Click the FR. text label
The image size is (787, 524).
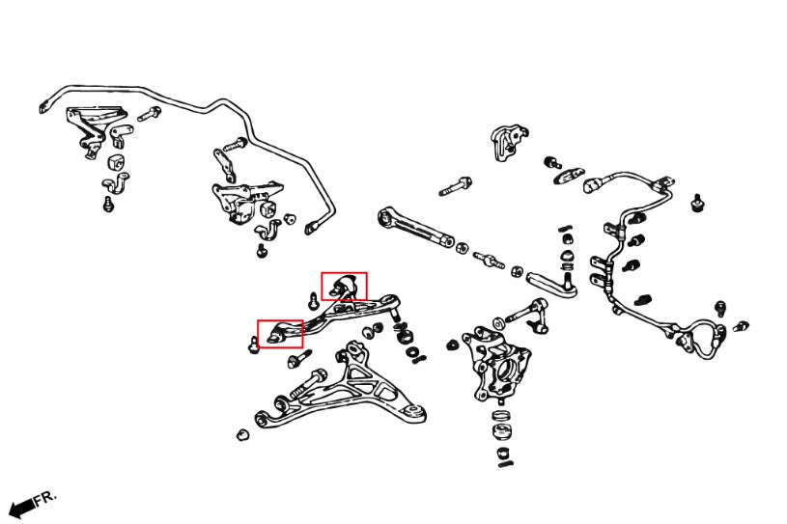(44, 499)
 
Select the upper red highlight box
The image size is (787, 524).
(344, 287)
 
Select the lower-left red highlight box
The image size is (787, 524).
(279, 333)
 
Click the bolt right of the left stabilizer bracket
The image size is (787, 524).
(150, 115)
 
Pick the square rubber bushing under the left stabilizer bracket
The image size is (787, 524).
(120, 158)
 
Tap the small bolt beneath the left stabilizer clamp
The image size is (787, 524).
(108, 204)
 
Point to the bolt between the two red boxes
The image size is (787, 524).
(315, 302)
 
